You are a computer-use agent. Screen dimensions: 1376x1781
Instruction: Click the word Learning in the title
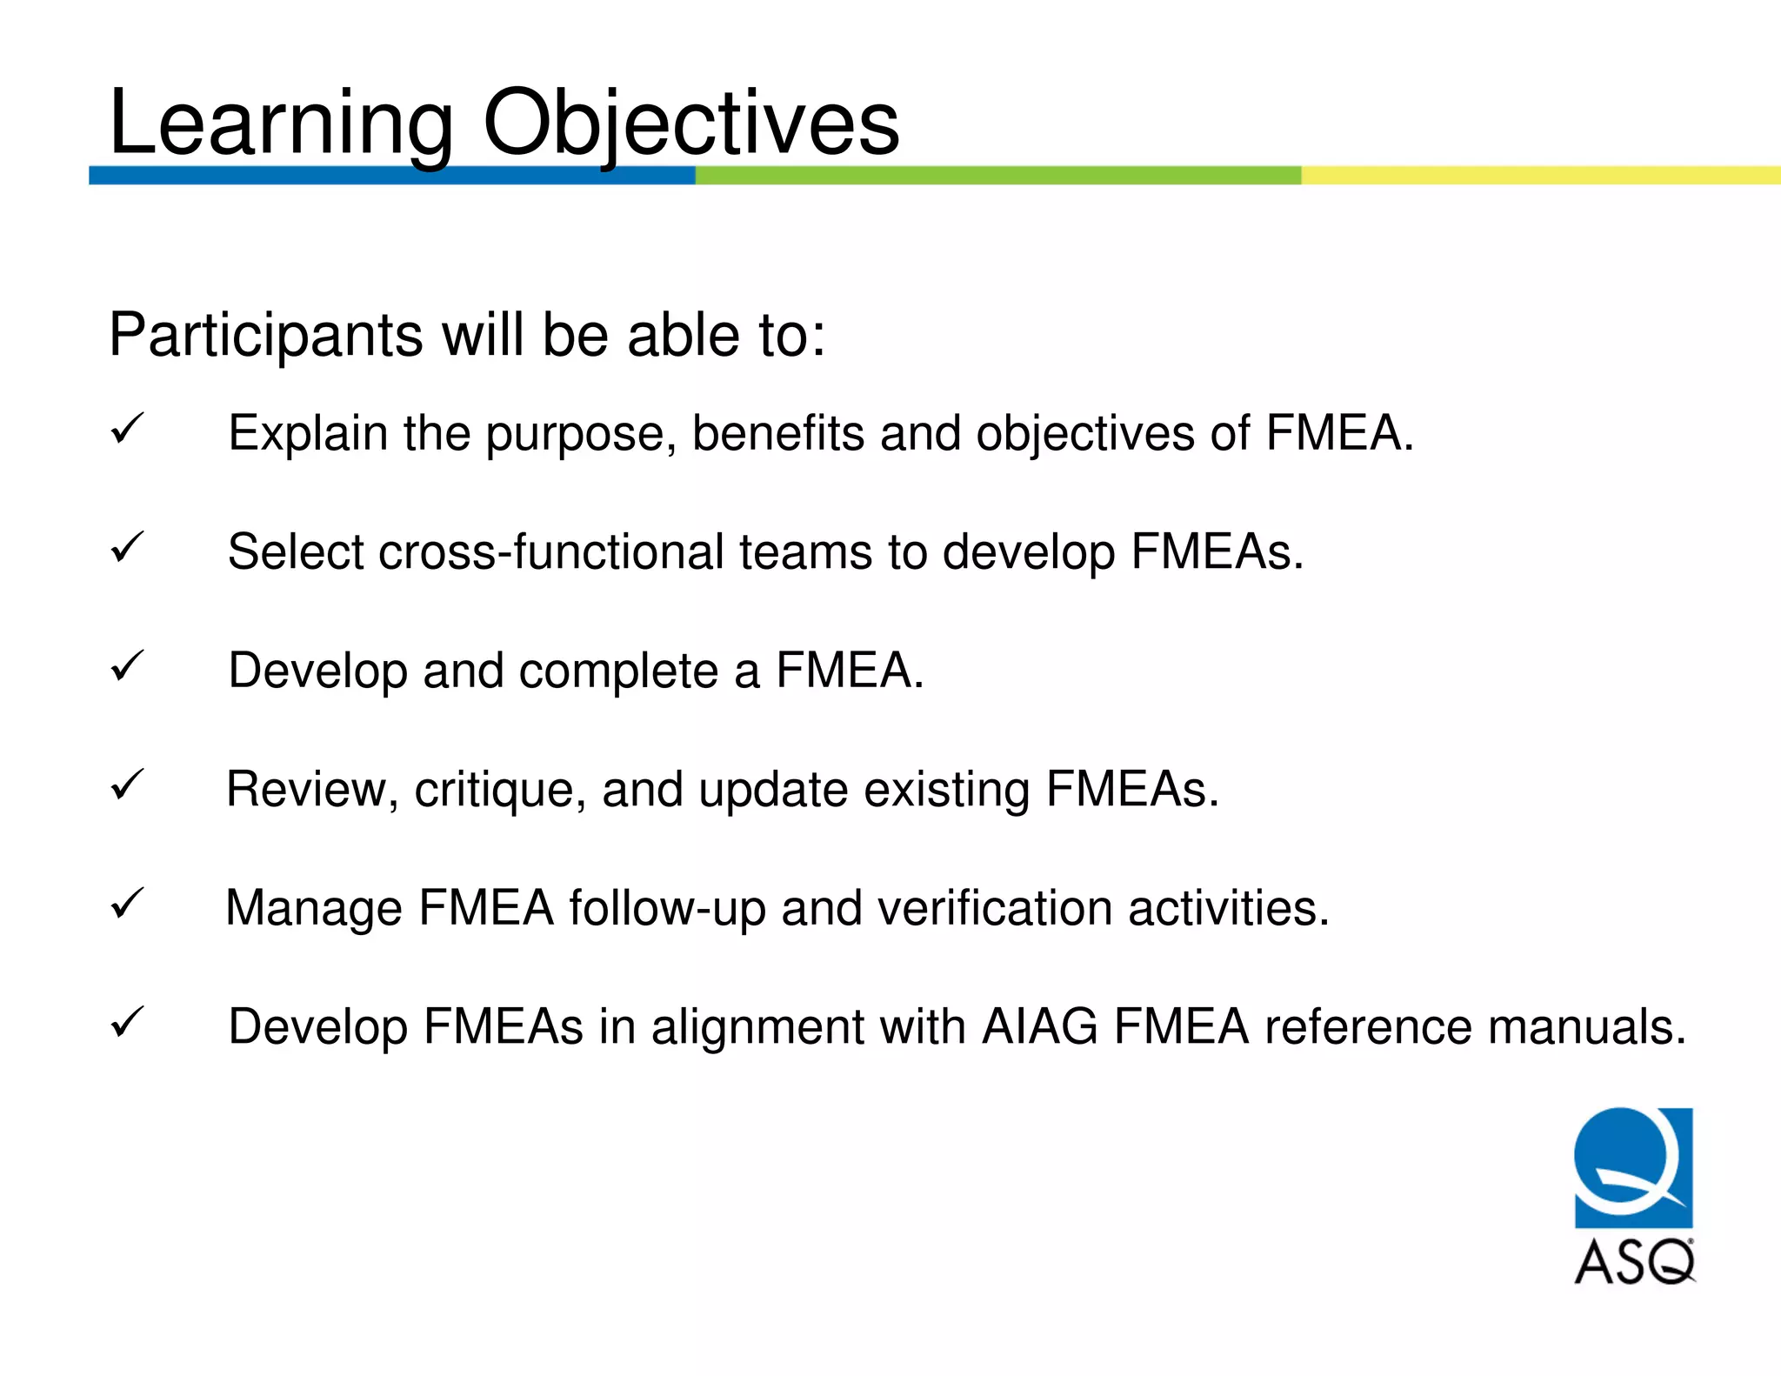tap(280, 124)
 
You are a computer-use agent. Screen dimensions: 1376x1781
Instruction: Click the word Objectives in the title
tap(690, 124)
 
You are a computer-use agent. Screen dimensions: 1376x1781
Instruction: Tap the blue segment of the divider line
tap(391, 175)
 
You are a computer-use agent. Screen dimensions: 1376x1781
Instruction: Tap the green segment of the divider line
tap(997, 175)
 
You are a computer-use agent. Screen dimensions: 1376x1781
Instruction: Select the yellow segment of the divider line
tap(1539, 175)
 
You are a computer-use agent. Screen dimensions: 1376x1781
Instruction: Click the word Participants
tap(265, 336)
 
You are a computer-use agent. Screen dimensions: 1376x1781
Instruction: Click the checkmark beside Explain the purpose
tap(127, 429)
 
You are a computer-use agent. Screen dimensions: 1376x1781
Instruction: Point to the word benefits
tap(777, 433)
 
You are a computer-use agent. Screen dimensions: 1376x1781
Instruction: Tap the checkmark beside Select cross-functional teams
tap(127, 548)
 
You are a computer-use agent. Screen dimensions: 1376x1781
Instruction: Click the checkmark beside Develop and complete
tap(127, 666)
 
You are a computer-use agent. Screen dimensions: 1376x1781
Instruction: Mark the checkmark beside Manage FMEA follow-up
tap(127, 904)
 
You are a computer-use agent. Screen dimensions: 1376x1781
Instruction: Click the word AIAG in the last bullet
tap(1040, 1026)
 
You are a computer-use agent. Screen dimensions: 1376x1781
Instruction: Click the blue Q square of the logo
tap(1633, 1166)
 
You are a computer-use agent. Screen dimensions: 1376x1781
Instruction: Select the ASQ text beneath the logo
tap(1634, 1262)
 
